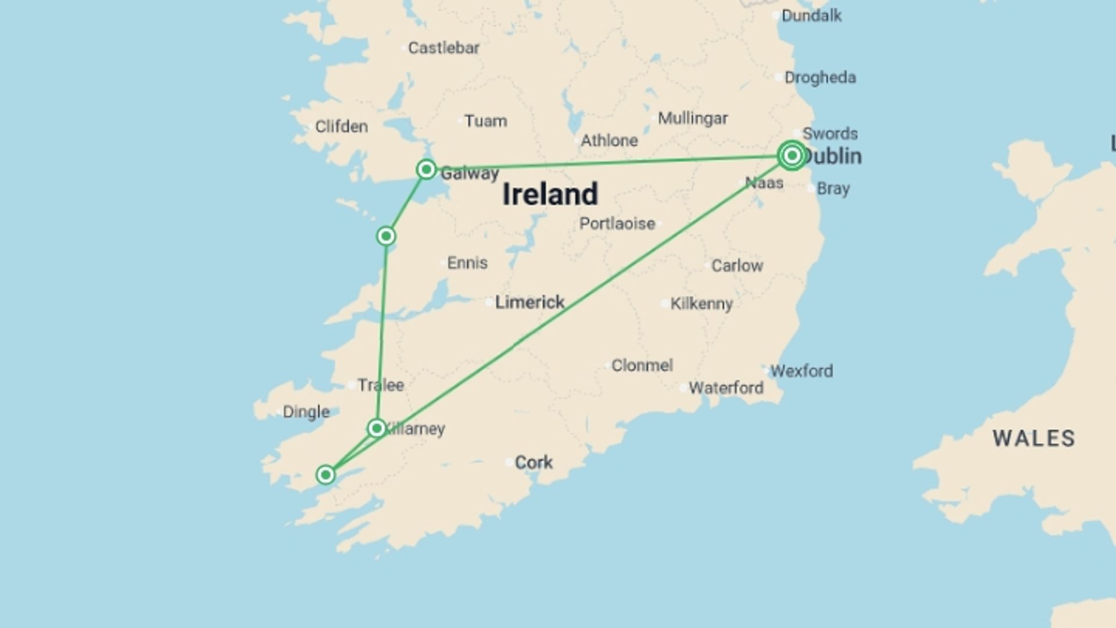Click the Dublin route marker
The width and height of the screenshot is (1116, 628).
792,155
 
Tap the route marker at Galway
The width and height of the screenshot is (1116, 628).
426,169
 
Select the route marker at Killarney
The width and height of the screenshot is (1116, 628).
377,429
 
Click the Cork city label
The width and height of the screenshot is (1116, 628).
533,462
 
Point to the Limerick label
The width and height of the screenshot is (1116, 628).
529,302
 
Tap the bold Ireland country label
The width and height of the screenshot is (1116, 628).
549,194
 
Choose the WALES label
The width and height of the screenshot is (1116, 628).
1033,438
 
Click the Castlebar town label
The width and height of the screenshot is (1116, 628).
443,48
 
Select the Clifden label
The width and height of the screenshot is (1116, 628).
341,126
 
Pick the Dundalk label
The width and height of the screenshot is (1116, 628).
811,16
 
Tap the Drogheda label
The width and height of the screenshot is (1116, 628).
820,77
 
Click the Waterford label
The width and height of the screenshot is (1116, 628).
725,388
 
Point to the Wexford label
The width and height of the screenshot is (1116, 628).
801,370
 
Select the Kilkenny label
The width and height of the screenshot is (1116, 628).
701,304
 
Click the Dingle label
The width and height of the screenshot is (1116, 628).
306,412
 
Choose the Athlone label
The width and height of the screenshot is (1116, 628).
609,140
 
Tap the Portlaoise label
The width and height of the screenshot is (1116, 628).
617,223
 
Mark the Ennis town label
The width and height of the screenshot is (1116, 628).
467,263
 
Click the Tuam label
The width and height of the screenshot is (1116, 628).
485,121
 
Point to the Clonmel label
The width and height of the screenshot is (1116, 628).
642,365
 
